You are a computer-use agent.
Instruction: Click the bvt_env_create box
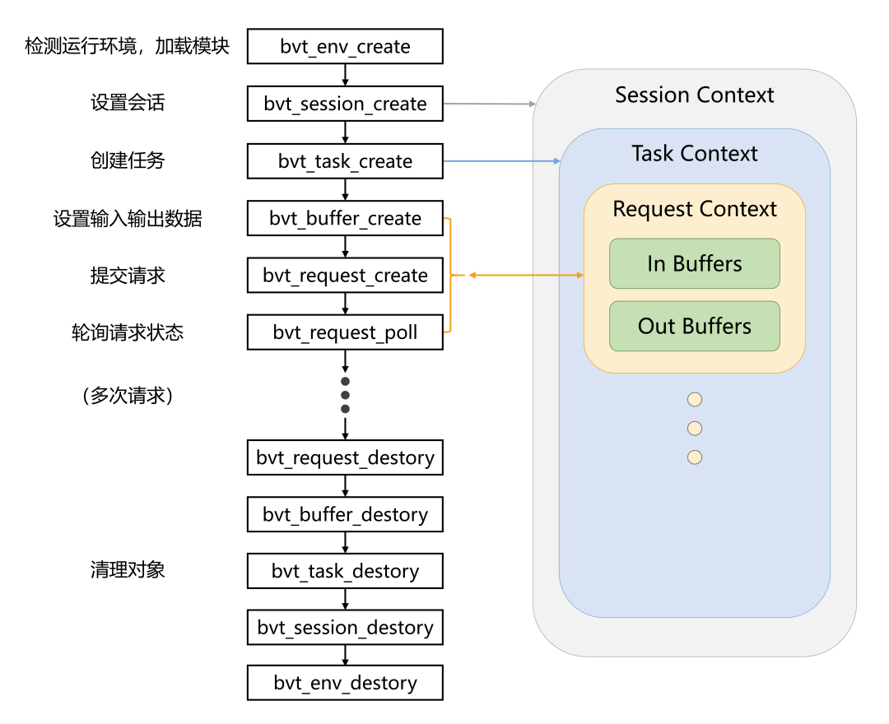pos(345,47)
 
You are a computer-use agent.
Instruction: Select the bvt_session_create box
pos(345,104)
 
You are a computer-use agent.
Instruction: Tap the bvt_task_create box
pos(345,161)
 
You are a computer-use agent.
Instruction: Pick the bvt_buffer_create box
pos(345,219)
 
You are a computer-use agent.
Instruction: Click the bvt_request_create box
pos(345,276)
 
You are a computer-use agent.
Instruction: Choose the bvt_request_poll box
pos(345,332)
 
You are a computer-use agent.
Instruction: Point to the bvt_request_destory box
pos(345,457)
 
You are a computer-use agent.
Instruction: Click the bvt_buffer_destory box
pos(345,515)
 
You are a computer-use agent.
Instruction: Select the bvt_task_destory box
pos(345,571)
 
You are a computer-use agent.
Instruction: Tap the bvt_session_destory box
pos(345,628)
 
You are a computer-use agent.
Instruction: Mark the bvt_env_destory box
pos(345,683)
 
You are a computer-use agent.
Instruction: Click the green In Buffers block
pos(694,264)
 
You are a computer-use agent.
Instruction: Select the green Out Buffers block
pos(694,327)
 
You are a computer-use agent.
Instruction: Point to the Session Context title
pos(694,95)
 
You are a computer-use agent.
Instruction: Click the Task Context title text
pos(694,154)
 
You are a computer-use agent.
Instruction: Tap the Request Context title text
pos(694,209)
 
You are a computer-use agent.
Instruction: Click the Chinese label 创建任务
pos(128,160)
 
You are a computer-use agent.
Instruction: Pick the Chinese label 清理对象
pos(128,569)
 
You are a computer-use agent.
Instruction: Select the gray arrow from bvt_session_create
pos(489,104)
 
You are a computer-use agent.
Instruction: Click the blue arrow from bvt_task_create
pos(501,161)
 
